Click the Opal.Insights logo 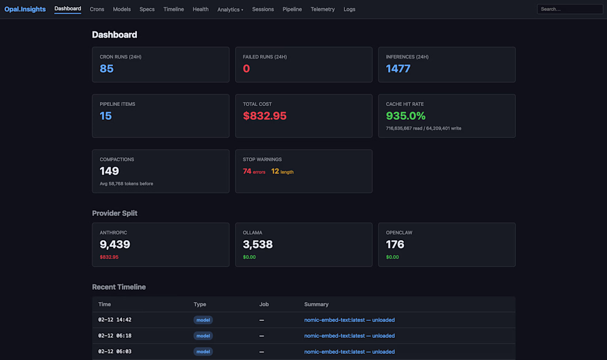(25, 9)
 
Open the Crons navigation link (97, 9)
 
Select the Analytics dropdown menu (230, 9)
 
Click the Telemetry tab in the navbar (323, 9)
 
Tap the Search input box (569, 9)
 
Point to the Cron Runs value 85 (107, 68)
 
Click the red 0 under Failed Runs (246, 68)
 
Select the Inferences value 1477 (398, 68)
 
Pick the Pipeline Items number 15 (105, 116)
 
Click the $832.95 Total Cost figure (265, 116)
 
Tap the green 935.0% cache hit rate (406, 116)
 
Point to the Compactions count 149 (109, 171)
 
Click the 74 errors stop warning (254, 172)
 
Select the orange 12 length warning (282, 172)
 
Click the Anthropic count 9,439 (115, 245)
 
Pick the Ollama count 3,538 (258, 245)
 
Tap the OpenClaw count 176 (395, 245)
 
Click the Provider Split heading (115, 213)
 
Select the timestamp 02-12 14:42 (115, 320)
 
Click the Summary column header (316, 304)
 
